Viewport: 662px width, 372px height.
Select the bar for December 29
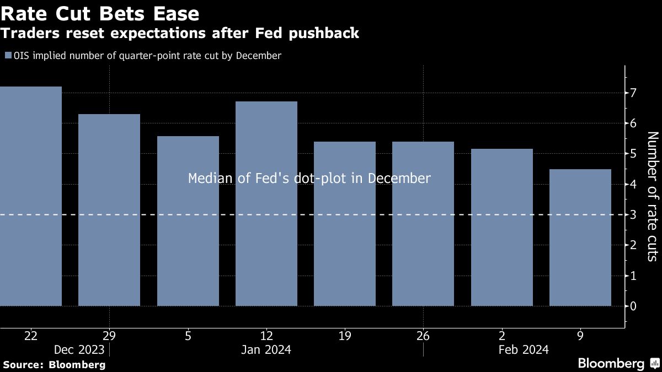point(109,210)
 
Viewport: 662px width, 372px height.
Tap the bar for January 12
point(266,203)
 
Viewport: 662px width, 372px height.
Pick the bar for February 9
point(580,238)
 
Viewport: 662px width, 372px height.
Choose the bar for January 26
point(423,224)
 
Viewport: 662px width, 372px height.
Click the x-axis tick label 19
point(345,336)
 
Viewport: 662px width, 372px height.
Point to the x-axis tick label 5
point(188,336)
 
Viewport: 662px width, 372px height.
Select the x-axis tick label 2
point(501,336)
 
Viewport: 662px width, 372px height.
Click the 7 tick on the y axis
point(634,93)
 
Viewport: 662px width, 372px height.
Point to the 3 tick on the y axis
point(634,214)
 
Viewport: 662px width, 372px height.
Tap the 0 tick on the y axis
point(634,306)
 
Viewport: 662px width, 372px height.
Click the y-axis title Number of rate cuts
point(652,196)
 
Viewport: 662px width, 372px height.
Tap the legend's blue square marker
point(7,55)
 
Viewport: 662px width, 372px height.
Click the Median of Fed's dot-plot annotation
point(309,179)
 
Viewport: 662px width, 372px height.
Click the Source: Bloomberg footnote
point(54,364)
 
